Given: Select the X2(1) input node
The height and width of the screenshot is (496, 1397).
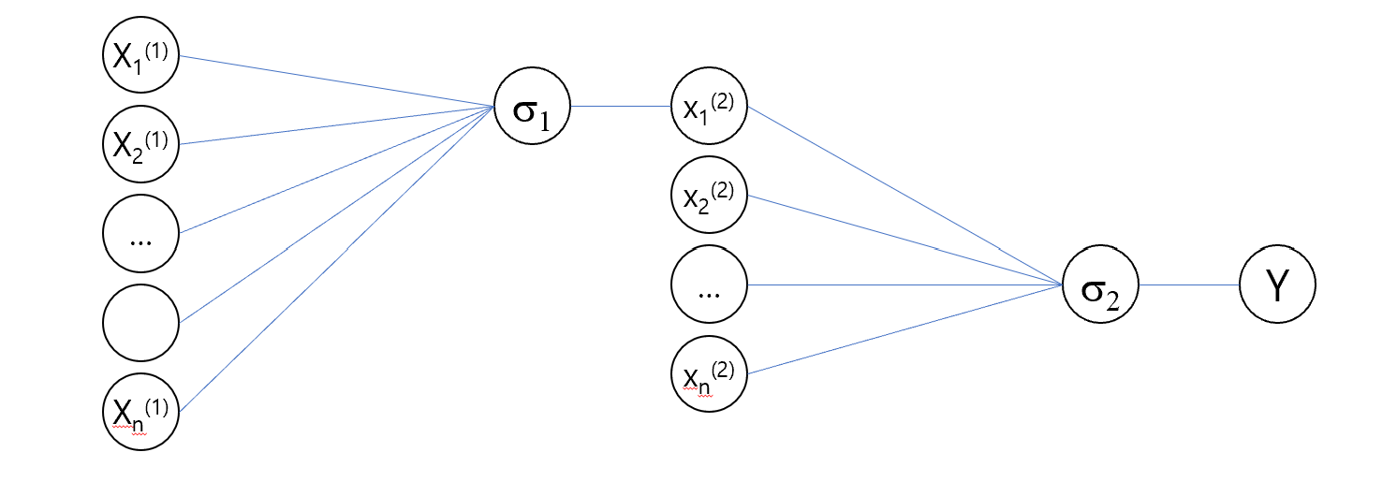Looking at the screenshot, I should [140, 144].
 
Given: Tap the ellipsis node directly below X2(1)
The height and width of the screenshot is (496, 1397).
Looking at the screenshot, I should [140, 234].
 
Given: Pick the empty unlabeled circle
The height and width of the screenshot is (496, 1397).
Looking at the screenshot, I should [140, 323].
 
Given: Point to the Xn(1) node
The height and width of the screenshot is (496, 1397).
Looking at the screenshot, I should [140, 411].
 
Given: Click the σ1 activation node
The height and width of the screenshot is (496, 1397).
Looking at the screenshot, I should [532, 106].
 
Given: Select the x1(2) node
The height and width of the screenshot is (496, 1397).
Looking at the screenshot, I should [709, 106].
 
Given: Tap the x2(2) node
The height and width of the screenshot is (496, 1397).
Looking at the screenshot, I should [709, 196].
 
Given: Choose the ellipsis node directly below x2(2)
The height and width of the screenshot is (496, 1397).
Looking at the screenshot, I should [709, 284].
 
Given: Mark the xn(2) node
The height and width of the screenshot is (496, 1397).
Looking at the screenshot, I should [709, 373].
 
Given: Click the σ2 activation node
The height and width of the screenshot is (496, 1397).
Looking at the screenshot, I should [1099, 284].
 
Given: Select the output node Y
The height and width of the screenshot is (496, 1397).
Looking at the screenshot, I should [1277, 284].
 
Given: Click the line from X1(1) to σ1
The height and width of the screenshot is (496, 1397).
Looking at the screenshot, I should [337, 81].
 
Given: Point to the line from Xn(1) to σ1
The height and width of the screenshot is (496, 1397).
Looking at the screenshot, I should [337, 258].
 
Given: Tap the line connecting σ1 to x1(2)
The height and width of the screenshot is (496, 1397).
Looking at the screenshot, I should [620, 106].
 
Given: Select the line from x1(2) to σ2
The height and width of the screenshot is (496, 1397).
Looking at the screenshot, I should [904, 196].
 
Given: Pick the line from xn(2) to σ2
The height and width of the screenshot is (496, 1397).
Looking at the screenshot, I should [904, 329].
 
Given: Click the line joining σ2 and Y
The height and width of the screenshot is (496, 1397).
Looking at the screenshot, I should [1188, 284].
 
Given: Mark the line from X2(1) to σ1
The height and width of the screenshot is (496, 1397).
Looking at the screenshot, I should [337, 125].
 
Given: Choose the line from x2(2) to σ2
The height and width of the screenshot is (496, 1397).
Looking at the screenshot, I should [904, 241].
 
